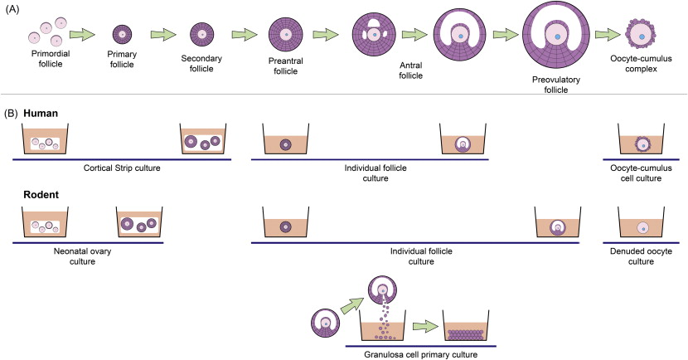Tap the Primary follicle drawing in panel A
coord(122,35)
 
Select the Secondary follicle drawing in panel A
coord(200,35)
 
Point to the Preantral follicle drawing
coord(284,35)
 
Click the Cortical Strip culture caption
coord(121,167)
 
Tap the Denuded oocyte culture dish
coord(640,226)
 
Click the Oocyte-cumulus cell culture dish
coord(640,141)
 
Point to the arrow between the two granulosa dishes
coord(424,330)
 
